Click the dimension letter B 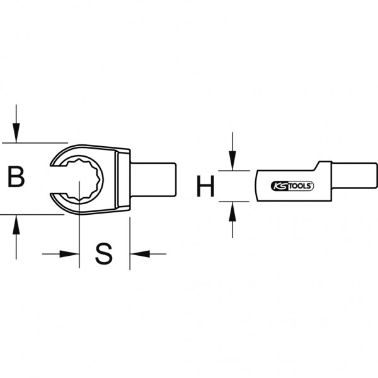tap(16, 176)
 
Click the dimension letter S tap(104, 254)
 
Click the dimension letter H tap(205, 186)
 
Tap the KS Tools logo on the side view tap(292, 186)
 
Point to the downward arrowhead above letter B tap(16, 132)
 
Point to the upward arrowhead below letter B tap(16, 225)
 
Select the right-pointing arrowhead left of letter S tap(69, 254)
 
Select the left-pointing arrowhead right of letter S tap(140, 254)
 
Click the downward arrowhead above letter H tap(232, 161)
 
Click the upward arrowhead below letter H tap(232, 212)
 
